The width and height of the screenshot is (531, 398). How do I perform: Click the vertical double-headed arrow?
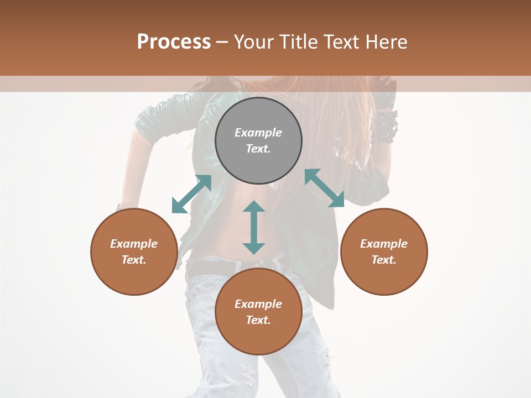254,227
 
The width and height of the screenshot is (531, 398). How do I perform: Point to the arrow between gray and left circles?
191,194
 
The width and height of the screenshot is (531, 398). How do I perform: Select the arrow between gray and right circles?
325,188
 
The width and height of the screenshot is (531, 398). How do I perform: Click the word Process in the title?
174,41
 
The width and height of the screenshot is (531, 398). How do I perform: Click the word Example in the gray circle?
258,133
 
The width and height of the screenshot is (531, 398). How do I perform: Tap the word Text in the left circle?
134,260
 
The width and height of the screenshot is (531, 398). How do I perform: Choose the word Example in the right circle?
384,244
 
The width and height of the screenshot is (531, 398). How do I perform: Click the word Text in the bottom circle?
258,320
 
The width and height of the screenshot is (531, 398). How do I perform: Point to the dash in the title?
222,42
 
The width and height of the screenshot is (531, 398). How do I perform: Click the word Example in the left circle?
134,244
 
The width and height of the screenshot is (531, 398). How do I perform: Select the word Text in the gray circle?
258,149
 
